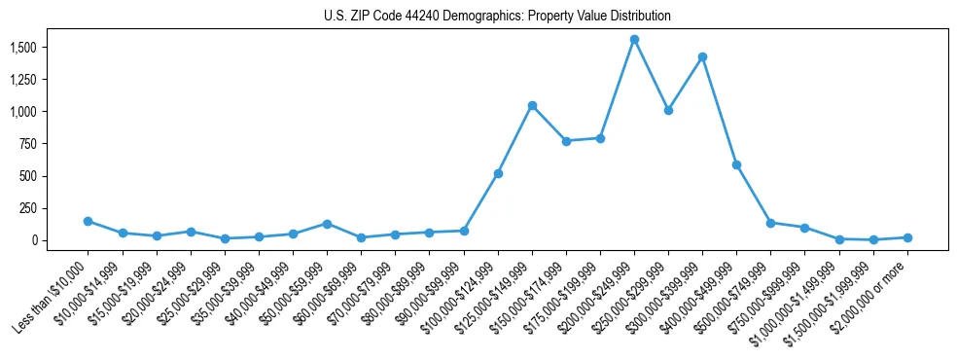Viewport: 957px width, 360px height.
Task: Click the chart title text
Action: click(497, 17)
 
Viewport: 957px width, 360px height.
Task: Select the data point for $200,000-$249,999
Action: click(634, 40)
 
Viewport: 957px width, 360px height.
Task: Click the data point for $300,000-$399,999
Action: click(702, 57)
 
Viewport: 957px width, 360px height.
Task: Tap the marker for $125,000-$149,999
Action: click(532, 105)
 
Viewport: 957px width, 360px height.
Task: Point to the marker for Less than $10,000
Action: click(89, 222)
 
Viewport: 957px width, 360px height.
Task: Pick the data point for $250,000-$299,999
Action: click(668, 110)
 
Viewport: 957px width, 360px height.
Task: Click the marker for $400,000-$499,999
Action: click(736, 165)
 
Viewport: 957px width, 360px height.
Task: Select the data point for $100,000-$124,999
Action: click(498, 173)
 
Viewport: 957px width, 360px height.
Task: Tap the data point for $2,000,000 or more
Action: click(907, 237)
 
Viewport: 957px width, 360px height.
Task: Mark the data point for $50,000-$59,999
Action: click(327, 224)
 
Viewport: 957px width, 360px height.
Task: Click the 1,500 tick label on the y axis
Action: click(22, 48)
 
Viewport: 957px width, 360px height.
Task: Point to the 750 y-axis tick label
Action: click(28, 144)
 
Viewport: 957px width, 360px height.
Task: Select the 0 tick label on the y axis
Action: click(34, 240)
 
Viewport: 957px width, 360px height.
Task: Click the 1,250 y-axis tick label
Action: click(22, 80)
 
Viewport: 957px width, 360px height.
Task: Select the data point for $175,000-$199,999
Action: click(600, 138)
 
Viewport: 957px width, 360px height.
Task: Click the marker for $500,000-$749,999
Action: click(770, 223)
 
